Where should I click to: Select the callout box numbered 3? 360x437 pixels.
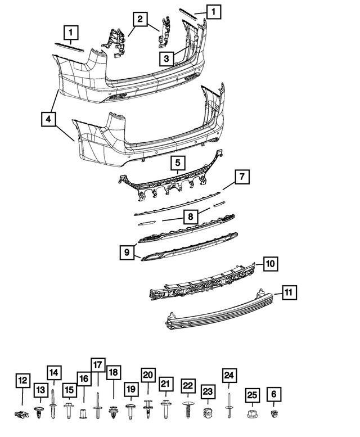point(166,57)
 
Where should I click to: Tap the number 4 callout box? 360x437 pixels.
point(49,119)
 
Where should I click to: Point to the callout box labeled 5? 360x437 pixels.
point(177,163)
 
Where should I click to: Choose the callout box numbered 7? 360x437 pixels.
point(241,177)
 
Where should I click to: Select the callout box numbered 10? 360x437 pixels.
point(271,263)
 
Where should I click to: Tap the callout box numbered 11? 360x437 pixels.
point(288,292)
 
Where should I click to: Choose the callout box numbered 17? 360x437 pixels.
point(99,364)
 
